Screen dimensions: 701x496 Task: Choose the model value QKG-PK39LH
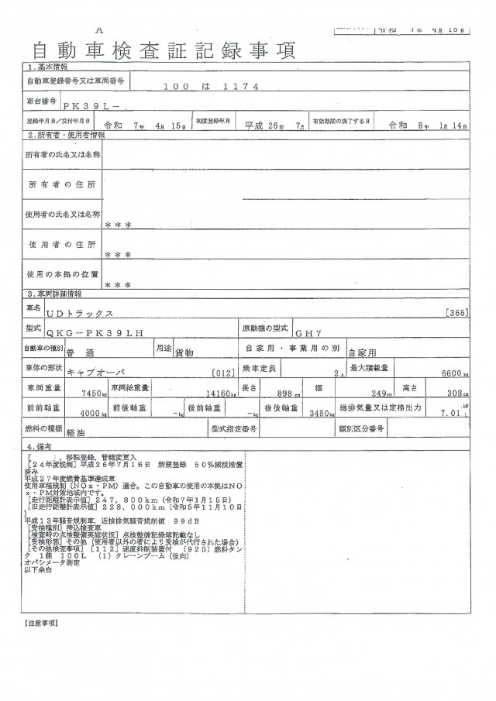(105, 333)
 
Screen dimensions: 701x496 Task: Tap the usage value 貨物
(184, 353)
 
